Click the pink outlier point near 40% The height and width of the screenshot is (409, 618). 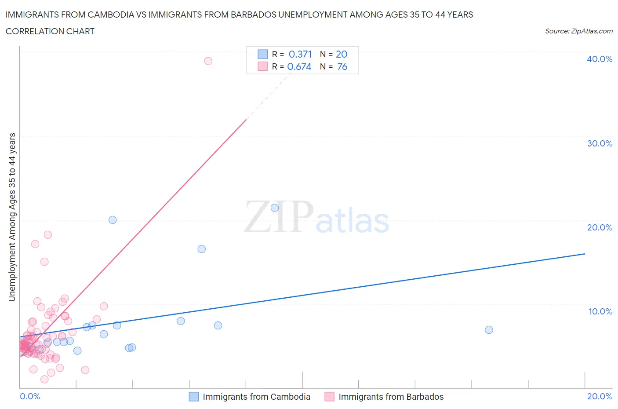pos(208,61)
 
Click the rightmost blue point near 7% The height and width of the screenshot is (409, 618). pos(489,329)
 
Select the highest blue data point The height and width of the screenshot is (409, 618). pos(275,208)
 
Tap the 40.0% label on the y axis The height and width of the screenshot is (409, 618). pos(600,59)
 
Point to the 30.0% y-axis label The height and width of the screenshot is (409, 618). pos(600,143)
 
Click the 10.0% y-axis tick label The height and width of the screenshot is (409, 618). pos(600,311)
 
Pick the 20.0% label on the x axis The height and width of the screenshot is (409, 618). pos(600,396)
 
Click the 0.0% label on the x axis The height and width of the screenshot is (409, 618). pos(30,396)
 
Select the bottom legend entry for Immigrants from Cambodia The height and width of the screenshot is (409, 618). pos(256,397)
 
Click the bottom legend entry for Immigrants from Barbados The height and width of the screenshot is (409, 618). pos(391,397)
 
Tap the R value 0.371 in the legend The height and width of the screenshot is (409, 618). pos(300,54)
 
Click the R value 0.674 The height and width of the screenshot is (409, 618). pos(299,66)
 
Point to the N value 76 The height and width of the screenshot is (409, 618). pos(342,66)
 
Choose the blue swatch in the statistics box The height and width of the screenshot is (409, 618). pos(262,54)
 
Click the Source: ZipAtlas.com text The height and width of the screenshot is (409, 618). pos(578,31)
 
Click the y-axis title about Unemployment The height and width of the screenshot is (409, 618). pos(12,217)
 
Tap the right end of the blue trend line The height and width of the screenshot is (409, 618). pos(585,254)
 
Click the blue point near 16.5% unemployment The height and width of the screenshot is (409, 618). pos(201,249)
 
